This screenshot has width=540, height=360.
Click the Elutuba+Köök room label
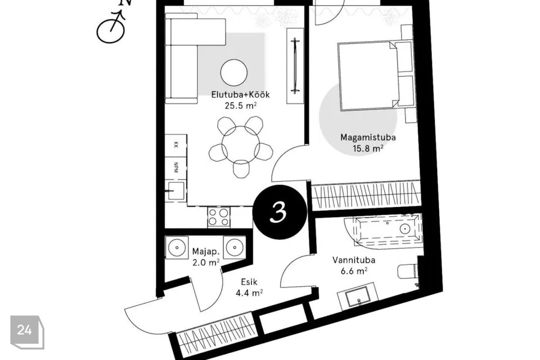[x=240, y=94]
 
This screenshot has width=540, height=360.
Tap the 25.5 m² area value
[x=240, y=105]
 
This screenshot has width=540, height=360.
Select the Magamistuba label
[x=368, y=137]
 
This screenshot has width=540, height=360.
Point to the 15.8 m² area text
[x=368, y=148]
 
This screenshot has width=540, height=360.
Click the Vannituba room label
[x=354, y=260]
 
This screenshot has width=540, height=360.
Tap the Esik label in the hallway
[x=249, y=282]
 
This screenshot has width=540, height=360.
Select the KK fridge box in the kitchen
[x=175, y=145]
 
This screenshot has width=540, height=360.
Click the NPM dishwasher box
[x=175, y=168]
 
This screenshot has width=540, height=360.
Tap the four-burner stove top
[x=219, y=217]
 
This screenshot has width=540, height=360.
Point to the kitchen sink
[x=175, y=191]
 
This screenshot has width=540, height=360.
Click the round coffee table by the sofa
[x=234, y=73]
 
